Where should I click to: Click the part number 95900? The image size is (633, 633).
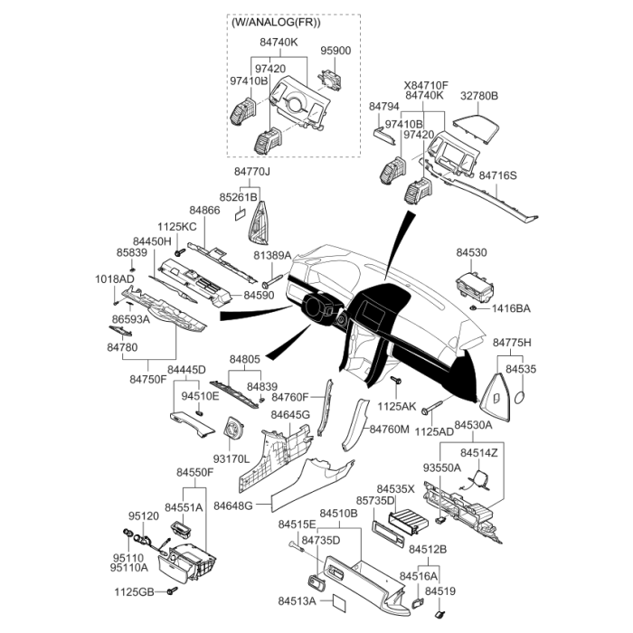(336, 51)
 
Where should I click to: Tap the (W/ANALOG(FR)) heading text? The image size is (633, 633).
(276, 24)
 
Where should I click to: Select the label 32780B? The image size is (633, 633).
(479, 95)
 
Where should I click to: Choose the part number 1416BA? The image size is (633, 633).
(511, 308)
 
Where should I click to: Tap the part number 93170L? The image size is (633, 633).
(231, 459)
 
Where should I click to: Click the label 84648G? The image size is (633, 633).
(233, 505)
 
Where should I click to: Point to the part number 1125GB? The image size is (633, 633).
(133, 592)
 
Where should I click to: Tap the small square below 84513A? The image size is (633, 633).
(337, 603)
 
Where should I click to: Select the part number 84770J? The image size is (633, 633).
(252, 172)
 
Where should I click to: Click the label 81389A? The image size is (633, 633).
(271, 256)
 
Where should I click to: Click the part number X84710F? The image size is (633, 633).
(426, 83)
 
